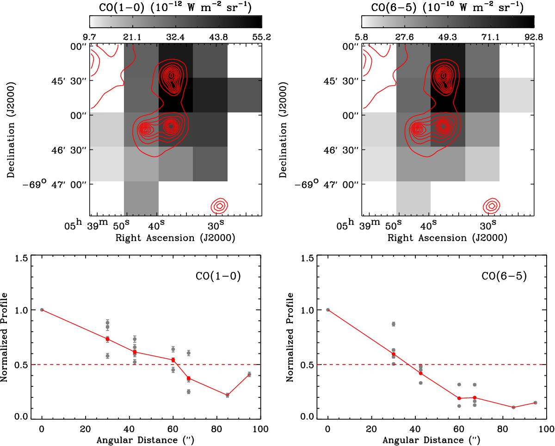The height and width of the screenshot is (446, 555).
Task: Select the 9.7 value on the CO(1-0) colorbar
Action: pos(90,36)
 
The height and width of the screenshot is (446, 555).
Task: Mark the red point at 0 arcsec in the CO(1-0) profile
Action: pos(42,310)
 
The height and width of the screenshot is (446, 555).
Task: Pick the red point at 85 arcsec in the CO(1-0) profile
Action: pos(228,395)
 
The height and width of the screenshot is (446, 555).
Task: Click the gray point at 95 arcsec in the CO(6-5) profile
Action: pos(535,403)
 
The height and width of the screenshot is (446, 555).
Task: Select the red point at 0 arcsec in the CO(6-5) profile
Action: pos(328,310)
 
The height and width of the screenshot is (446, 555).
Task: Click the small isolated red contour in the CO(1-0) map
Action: pos(220,205)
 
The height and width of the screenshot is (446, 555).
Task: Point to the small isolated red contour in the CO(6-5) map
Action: pos(492,205)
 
